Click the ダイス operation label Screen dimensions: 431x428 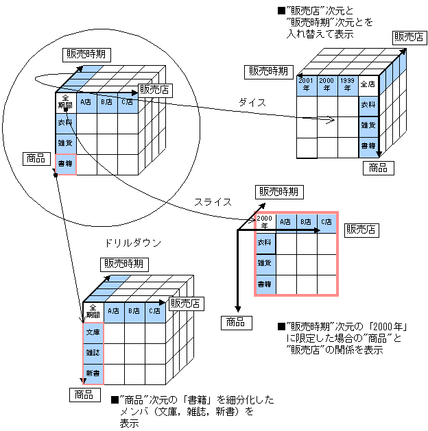pos(251,102)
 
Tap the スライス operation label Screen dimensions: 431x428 pos(212,201)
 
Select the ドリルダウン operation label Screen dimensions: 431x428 pos(132,243)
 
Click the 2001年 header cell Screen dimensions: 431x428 pos(306,85)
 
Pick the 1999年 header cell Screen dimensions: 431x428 pos(347,85)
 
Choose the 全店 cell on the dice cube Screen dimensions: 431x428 pos(368,86)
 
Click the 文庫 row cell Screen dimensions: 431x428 pos(93,332)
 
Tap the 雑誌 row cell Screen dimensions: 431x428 pos(93,352)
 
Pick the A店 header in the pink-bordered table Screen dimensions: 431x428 pos(285,222)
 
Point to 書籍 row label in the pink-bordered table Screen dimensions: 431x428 pos(265,284)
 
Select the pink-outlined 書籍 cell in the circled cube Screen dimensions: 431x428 pos(66,164)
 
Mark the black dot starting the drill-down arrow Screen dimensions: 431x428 pos(54,175)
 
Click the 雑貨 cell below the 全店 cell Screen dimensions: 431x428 pos(368,126)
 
